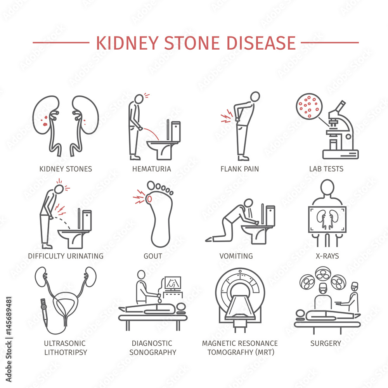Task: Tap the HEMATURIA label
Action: pos(152,169)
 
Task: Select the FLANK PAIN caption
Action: pos(239,169)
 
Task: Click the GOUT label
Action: pos(153,256)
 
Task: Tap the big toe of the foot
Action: pos(151,185)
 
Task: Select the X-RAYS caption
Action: pos(327,256)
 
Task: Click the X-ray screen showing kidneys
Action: pos(327,220)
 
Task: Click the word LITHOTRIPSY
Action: pos(66,352)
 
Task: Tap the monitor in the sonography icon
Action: pos(173,283)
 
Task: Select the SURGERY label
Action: pos(326,343)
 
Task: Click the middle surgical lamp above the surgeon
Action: pos(323,274)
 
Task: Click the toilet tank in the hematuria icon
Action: pos(176,132)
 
